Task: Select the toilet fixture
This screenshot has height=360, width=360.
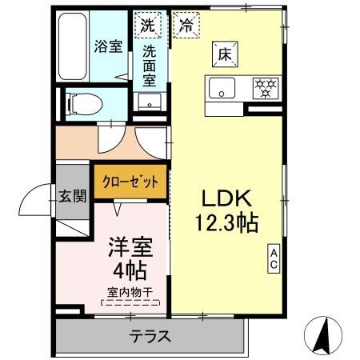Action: click(81, 102)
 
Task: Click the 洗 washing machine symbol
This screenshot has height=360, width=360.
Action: click(147, 24)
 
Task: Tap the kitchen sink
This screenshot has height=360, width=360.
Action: click(222, 86)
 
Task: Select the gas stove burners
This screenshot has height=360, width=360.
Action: click(265, 86)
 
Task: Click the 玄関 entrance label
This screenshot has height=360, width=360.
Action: click(73, 198)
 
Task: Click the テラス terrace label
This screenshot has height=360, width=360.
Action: click(150, 336)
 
